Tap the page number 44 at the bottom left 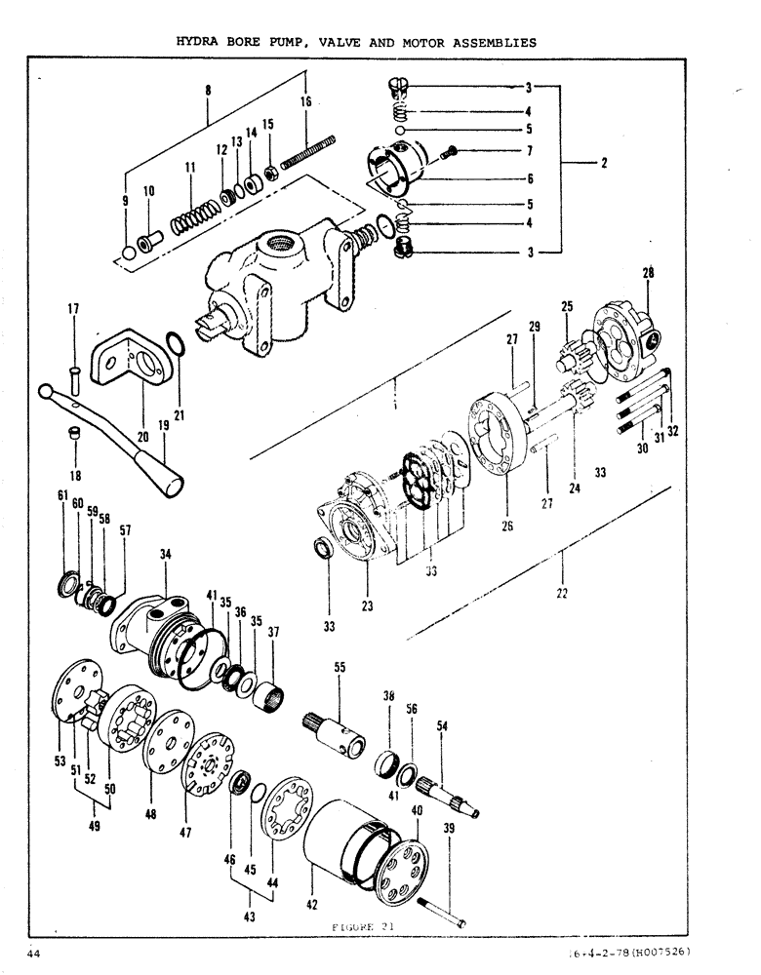[x=35, y=953]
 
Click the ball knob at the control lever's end [x=46, y=391]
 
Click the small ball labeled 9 [x=128, y=255]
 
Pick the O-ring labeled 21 [x=173, y=344]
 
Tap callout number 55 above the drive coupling [x=340, y=668]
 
